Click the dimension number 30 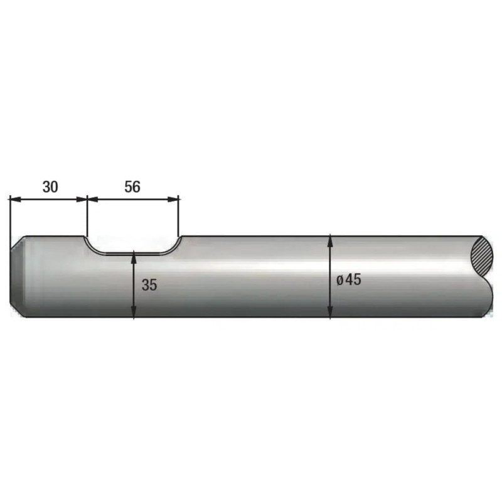[x=50, y=186]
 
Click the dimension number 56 [x=132, y=186]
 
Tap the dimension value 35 [x=149, y=285]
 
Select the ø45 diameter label [x=349, y=280]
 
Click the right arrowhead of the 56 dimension [x=173, y=200]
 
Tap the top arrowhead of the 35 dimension [x=134, y=257]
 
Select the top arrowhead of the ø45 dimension [x=330, y=242]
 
